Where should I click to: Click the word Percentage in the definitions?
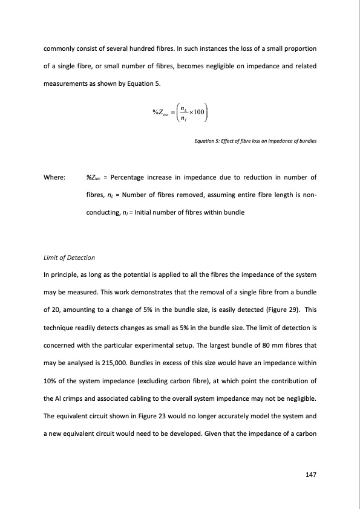click(x=134, y=178)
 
